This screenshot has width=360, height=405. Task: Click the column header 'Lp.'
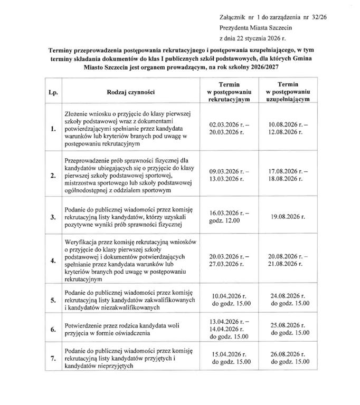point(53,91)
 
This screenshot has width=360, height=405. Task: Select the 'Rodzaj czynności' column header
point(130,91)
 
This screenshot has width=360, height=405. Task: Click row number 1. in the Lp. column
point(53,130)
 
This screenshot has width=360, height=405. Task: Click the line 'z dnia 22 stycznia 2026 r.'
point(255,38)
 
